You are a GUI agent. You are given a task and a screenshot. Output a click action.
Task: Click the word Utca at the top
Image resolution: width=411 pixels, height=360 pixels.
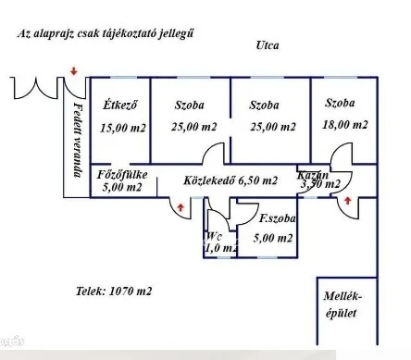point(268,44)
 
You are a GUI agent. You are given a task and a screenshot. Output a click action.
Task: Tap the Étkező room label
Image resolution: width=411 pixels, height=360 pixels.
point(119,105)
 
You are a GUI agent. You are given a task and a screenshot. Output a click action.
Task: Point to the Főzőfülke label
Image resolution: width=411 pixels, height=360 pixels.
point(121,174)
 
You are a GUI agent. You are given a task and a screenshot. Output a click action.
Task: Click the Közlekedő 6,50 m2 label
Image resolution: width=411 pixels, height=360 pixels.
point(230,180)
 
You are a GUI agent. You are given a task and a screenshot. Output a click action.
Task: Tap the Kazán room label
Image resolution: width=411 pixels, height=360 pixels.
point(312,175)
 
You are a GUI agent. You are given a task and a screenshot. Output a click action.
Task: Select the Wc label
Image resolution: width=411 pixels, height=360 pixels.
point(215,235)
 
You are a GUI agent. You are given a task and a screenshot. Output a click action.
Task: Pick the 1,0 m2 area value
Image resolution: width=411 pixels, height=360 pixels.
point(218,247)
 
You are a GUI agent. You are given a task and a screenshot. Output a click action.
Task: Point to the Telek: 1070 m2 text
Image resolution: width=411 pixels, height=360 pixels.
point(114,291)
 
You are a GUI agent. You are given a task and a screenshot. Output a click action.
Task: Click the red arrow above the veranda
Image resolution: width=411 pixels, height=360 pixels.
point(74,68)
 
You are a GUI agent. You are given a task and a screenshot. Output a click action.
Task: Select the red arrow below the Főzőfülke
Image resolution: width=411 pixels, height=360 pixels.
point(178,207)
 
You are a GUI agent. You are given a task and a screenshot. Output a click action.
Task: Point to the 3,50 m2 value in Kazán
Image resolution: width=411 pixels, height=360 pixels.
point(320,185)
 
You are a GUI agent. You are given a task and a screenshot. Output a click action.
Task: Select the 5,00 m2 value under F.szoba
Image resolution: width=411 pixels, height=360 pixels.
point(274,239)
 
